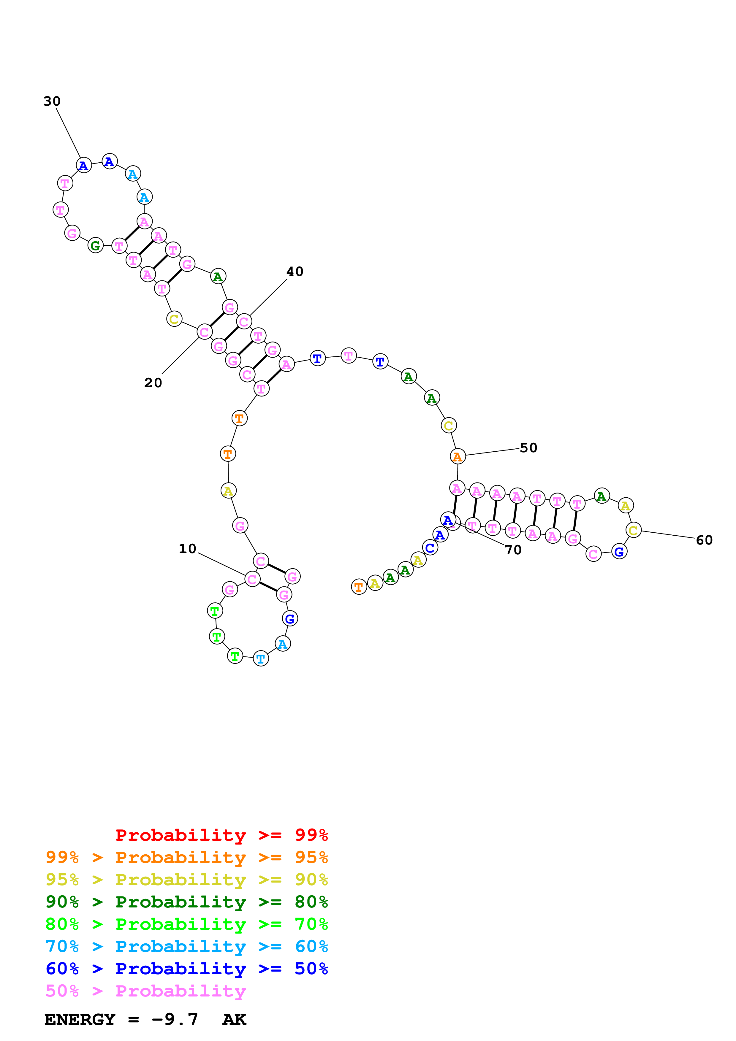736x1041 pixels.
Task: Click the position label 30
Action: point(52,101)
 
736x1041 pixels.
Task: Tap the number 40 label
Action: point(295,272)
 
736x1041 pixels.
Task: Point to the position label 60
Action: point(704,540)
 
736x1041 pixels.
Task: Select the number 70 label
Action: point(513,550)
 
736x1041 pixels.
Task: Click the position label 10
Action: point(187,549)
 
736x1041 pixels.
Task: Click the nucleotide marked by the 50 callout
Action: point(458,457)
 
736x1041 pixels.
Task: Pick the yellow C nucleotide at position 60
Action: point(634,530)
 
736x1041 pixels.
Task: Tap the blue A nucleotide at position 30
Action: point(83,166)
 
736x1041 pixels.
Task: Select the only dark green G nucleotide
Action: point(95,245)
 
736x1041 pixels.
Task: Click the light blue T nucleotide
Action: point(261,658)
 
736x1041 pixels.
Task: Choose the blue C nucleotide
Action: point(430,548)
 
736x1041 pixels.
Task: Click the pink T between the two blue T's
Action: point(348,356)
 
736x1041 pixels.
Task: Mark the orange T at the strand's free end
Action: point(359,587)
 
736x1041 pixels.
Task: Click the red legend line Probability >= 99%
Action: point(221,835)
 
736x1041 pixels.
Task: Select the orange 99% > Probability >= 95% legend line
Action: point(187,857)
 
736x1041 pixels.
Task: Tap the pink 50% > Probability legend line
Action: point(145,991)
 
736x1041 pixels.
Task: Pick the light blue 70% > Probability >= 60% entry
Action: point(187,946)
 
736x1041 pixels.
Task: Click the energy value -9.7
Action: point(175,1019)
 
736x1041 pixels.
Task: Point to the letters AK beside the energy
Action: point(234,1019)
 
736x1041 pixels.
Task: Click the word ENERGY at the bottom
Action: point(80,1019)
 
